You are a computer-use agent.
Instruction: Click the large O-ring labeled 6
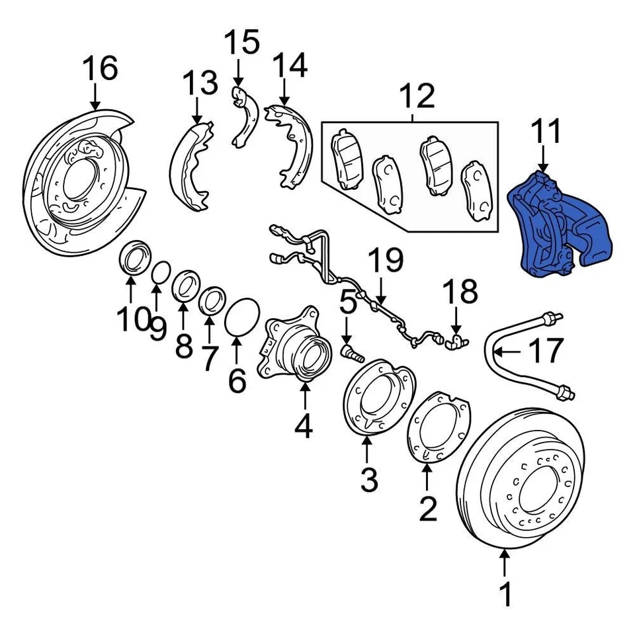(x=241, y=318)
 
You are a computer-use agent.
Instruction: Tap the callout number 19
(x=385, y=261)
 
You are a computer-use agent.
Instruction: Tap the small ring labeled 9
(x=159, y=273)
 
